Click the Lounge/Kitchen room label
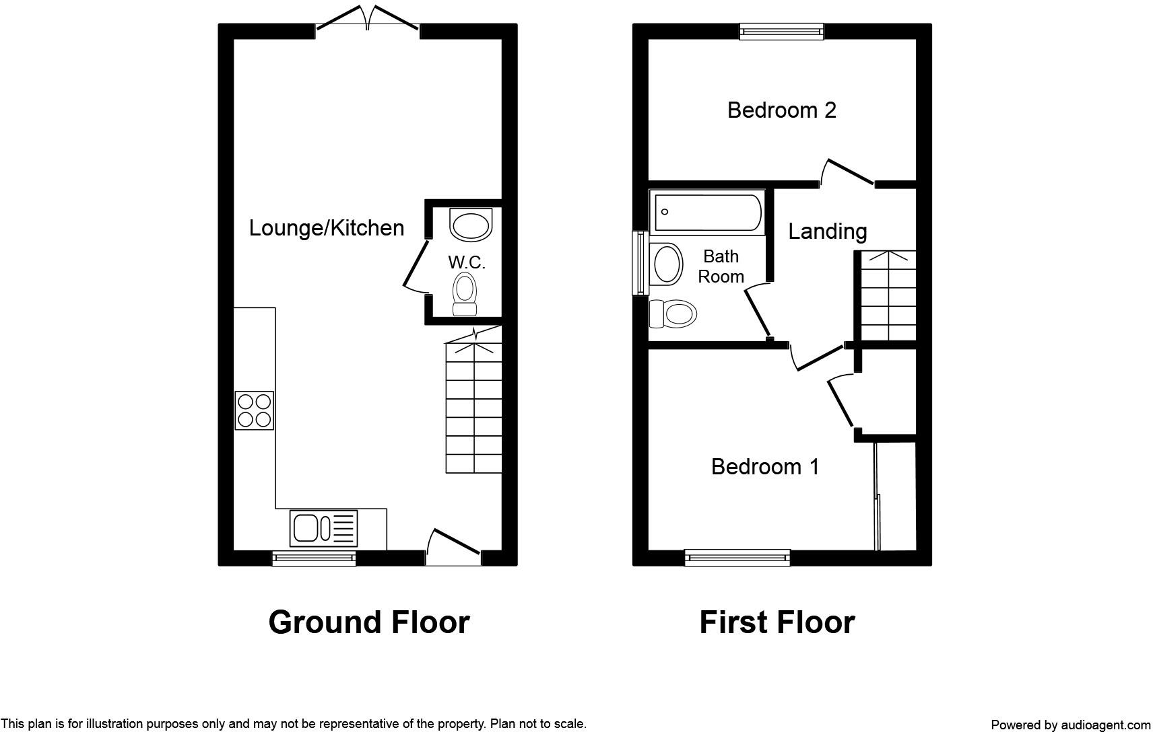[326, 228]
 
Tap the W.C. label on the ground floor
[467, 262]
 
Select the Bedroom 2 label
[781, 110]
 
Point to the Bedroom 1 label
[765, 466]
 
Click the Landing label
[827, 231]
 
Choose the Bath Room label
[721, 266]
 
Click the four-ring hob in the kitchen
[255, 410]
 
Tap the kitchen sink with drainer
[324, 528]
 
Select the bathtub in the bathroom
[708, 212]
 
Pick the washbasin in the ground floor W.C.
[471, 225]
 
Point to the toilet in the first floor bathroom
[673, 314]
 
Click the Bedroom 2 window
[781, 31]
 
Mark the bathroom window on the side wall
[639, 263]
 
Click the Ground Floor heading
[368, 622]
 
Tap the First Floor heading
[777, 622]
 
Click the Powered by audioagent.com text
[1070, 725]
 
